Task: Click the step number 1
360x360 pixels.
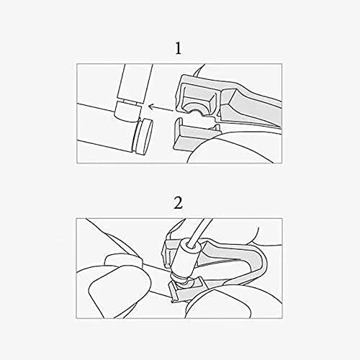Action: [178, 48]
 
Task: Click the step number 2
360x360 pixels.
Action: [178, 203]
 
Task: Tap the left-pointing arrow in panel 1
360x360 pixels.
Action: [161, 108]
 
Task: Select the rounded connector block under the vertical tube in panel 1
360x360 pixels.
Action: [127, 112]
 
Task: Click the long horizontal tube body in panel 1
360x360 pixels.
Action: [106, 127]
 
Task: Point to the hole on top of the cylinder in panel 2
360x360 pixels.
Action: [189, 244]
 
